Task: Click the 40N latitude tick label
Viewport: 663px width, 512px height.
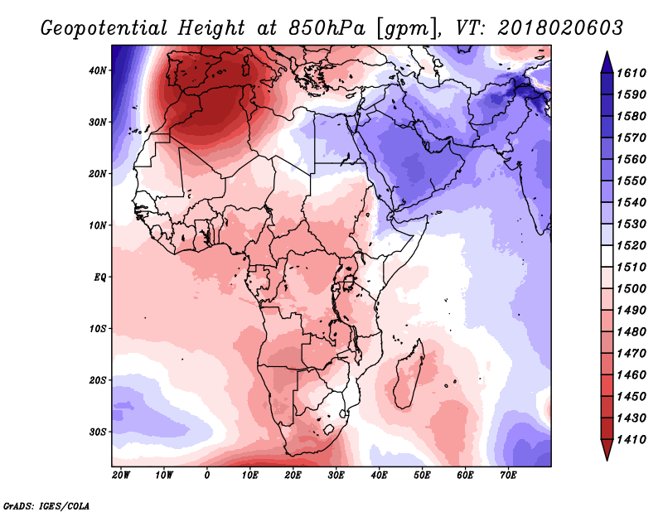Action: [98, 70]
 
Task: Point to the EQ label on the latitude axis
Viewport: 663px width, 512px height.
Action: [100, 278]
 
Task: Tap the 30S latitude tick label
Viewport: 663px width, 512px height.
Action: [98, 432]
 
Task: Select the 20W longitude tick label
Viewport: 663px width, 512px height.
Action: [121, 476]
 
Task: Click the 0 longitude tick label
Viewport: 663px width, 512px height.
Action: [206, 476]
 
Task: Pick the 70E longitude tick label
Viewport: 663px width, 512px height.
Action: [508, 476]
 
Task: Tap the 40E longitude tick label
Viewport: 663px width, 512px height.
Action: [379, 476]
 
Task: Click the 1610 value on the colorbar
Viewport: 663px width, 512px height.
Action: [632, 73]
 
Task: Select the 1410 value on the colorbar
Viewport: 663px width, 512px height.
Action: [632, 440]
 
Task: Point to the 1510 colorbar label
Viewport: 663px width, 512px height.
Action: [632, 268]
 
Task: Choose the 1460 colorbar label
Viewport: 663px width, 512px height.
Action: [632, 375]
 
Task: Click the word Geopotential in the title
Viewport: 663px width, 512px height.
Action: [104, 29]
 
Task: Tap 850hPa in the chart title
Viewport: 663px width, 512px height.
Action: [327, 28]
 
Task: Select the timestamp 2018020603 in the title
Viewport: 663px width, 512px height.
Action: [560, 28]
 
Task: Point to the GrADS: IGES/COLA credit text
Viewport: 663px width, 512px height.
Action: [46, 506]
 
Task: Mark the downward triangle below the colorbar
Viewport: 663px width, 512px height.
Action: [607, 450]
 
